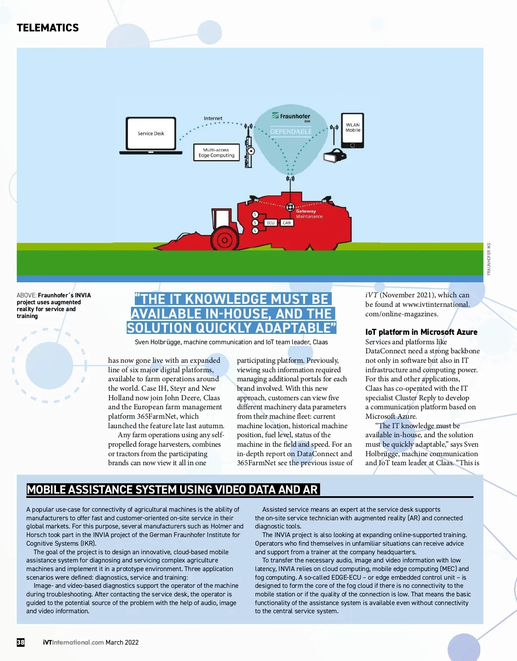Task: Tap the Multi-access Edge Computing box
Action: click(216, 153)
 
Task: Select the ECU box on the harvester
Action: click(271, 223)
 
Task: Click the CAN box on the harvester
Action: click(287, 223)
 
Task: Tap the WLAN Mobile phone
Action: click(352, 130)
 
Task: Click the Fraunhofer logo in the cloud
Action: click(291, 116)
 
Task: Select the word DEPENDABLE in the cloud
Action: click(291, 132)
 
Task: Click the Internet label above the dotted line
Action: click(213, 118)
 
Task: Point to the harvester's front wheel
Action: click(224, 240)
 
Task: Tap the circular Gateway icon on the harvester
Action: click(290, 207)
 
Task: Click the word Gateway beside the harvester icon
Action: click(306, 211)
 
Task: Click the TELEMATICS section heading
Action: click(48, 28)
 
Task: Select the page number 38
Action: click(21, 642)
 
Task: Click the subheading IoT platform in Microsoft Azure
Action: click(421, 332)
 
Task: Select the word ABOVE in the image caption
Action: click(26, 295)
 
